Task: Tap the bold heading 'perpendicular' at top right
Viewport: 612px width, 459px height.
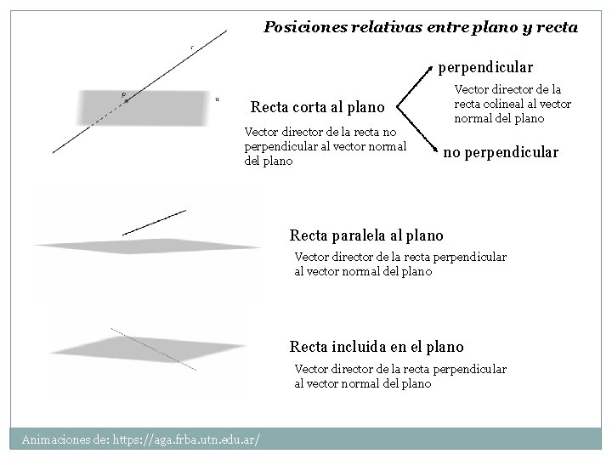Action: click(485, 65)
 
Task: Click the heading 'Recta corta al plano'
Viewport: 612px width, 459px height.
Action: click(318, 108)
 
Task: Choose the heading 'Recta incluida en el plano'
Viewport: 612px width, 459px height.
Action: click(377, 346)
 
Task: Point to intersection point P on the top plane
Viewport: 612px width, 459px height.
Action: click(126, 100)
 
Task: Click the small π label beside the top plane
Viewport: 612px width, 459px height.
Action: click(218, 99)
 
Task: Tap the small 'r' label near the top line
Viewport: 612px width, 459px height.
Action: click(192, 47)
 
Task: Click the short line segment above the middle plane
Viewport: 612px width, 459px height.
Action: click(154, 221)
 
